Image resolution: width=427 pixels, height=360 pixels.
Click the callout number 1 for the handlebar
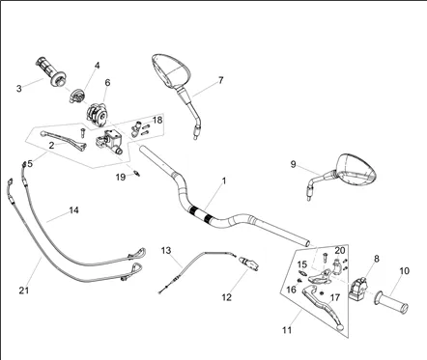tap(224, 181)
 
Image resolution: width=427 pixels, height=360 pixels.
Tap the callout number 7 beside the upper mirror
tap(220, 80)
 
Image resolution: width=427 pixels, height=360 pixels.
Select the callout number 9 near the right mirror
tap(293, 164)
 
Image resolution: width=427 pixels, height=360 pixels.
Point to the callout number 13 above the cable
tap(166, 250)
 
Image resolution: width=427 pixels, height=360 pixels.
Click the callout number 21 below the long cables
tap(24, 291)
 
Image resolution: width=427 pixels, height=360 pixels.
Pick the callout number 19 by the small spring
tap(121, 178)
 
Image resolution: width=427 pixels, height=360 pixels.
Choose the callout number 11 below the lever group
tap(287, 330)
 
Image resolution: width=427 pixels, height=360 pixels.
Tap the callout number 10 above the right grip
tap(404, 271)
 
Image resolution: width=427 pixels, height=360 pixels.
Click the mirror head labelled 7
tap(171, 70)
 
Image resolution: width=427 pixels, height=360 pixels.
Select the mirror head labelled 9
tap(356, 170)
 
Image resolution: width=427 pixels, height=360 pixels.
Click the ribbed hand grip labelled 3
tap(51, 71)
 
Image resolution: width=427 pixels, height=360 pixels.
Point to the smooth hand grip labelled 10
tap(391, 301)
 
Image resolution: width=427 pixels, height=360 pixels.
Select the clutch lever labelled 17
tap(323, 304)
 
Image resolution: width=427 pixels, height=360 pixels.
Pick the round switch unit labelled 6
tap(97, 114)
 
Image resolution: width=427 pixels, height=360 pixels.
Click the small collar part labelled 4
tap(76, 96)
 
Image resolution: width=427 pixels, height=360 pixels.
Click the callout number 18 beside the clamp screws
tap(157, 120)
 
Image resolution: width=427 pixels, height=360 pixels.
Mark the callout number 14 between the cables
tap(73, 210)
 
